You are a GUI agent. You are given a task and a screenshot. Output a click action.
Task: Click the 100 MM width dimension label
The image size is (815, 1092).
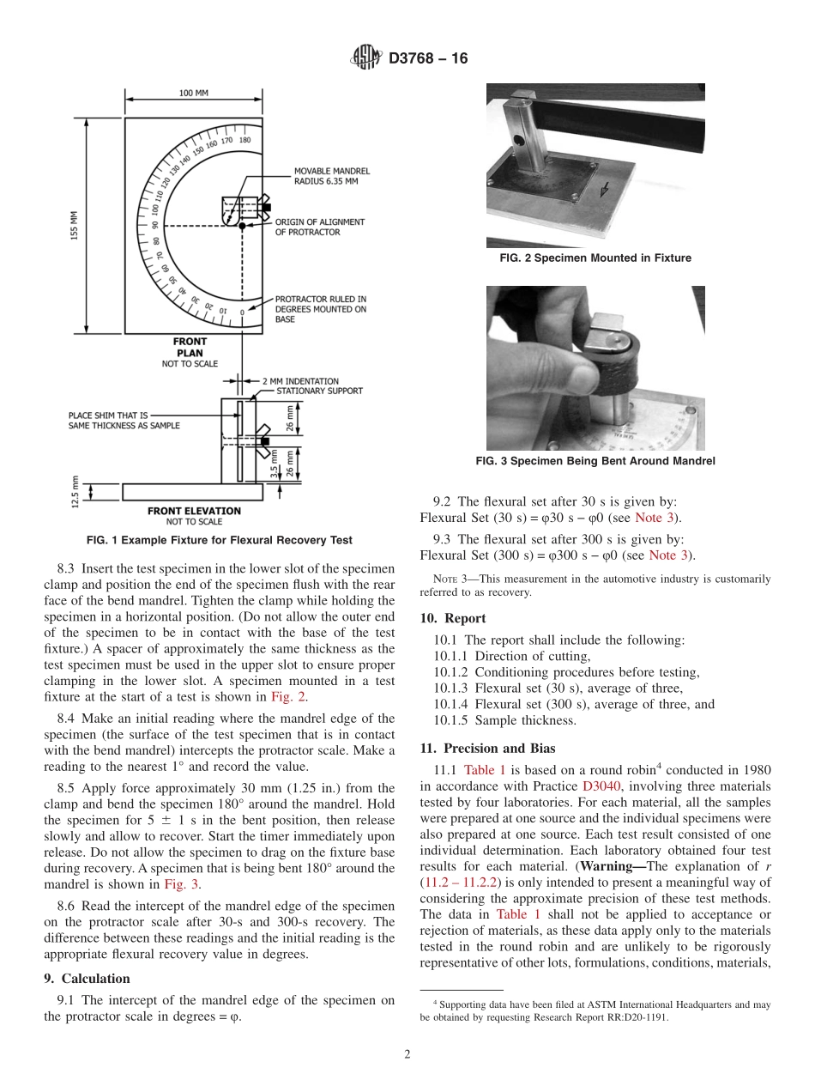pyautogui.click(x=193, y=93)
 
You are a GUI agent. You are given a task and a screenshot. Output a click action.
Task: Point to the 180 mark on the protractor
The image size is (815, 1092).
pyautogui.click(x=244, y=140)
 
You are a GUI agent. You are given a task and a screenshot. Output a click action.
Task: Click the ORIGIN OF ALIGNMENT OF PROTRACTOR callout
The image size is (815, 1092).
pyautogui.click(x=319, y=227)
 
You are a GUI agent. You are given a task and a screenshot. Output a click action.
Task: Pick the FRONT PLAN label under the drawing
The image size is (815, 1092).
pyautogui.click(x=190, y=347)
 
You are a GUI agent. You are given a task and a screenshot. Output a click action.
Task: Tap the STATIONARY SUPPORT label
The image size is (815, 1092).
pyautogui.click(x=319, y=391)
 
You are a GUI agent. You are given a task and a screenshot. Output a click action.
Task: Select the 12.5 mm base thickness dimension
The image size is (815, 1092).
pyautogui.click(x=75, y=491)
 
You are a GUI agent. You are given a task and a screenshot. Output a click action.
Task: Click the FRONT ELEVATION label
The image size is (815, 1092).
pyautogui.click(x=194, y=511)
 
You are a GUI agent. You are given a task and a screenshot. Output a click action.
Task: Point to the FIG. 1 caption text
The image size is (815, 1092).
pyautogui.click(x=220, y=540)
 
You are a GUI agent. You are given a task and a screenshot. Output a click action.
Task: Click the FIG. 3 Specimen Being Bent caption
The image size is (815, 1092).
pyautogui.click(x=595, y=461)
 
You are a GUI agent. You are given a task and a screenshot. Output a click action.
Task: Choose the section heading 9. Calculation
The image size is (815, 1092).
pyautogui.click(x=87, y=979)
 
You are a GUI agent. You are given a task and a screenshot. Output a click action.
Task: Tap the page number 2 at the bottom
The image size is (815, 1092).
pyautogui.click(x=407, y=1054)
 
